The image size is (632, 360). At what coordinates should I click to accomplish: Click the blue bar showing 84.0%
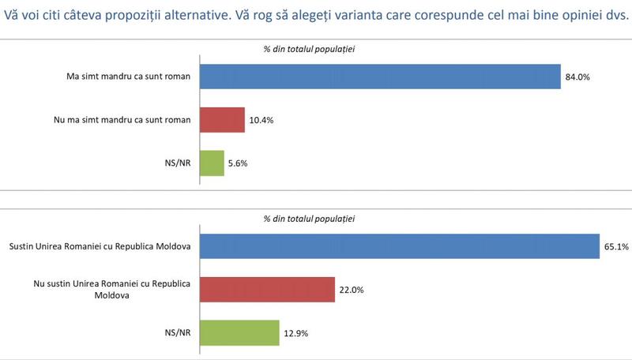[380, 77]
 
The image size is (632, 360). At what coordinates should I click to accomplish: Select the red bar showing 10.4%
[223, 121]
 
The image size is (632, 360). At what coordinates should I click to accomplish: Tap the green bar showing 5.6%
[213, 163]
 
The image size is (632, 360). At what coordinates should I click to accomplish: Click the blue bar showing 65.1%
[401, 246]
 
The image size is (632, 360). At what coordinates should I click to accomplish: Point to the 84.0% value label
[579, 77]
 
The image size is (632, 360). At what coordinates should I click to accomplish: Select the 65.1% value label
[615, 246]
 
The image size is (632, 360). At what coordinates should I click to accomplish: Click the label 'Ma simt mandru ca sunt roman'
[128, 77]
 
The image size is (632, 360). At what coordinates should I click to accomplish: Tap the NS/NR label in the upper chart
[175, 163]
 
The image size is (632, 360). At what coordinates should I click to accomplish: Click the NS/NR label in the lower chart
[175, 333]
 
